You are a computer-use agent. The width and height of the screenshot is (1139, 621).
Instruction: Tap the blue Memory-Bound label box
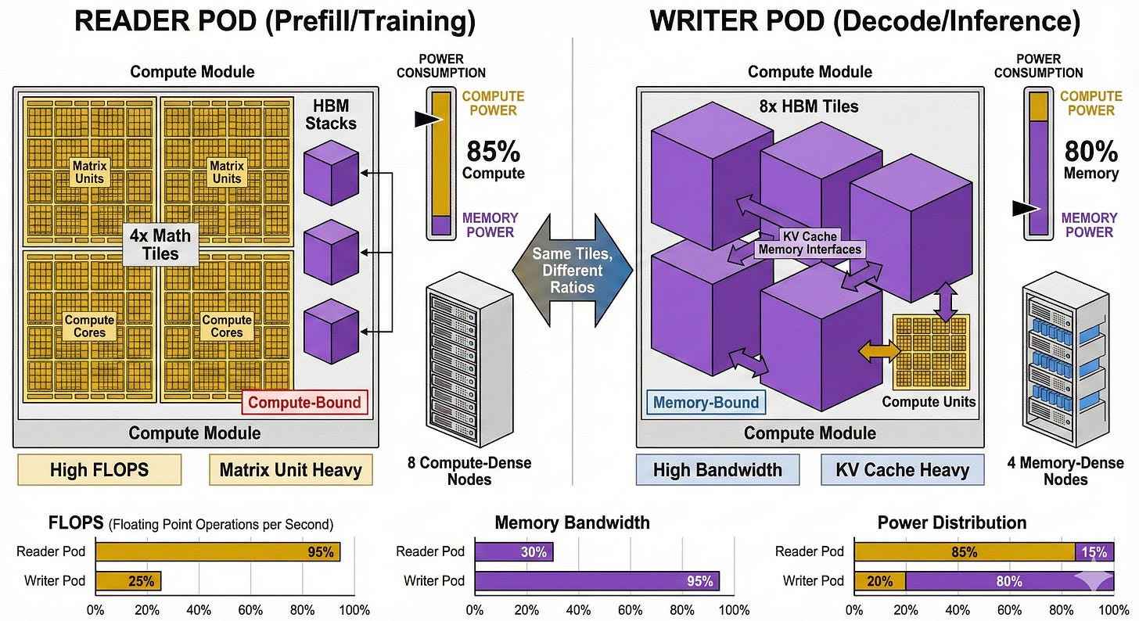pyautogui.click(x=706, y=403)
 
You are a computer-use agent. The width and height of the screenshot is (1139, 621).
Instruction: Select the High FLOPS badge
pyautogui.click(x=99, y=470)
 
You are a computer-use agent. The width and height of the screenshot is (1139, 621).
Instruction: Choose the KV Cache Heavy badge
pyautogui.click(x=902, y=470)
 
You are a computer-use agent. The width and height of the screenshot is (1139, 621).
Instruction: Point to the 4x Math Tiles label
pyautogui.click(x=160, y=243)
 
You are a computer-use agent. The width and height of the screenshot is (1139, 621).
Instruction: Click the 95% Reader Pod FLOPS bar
pyautogui.click(x=217, y=551)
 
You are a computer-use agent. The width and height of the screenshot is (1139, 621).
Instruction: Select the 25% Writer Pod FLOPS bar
pyautogui.click(x=128, y=580)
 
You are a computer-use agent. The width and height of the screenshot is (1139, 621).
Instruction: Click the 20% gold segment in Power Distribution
pyautogui.click(x=880, y=580)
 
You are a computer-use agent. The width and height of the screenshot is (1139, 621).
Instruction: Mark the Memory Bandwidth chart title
pyautogui.click(x=572, y=522)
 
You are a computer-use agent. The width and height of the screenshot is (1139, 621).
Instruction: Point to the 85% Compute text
pyautogui.click(x=493, y=160)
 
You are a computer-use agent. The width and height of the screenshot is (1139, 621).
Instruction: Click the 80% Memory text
pyautogui.click(x=1090, y=160)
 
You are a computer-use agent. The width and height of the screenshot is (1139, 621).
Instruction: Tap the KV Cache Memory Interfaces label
pyautogui.click(x=809, y=243)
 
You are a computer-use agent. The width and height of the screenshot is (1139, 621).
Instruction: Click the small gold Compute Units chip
pyautogui.click(x=930, y=353)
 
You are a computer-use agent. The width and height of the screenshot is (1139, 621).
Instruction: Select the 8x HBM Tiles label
pyautogui.click(x=809, y=106)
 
